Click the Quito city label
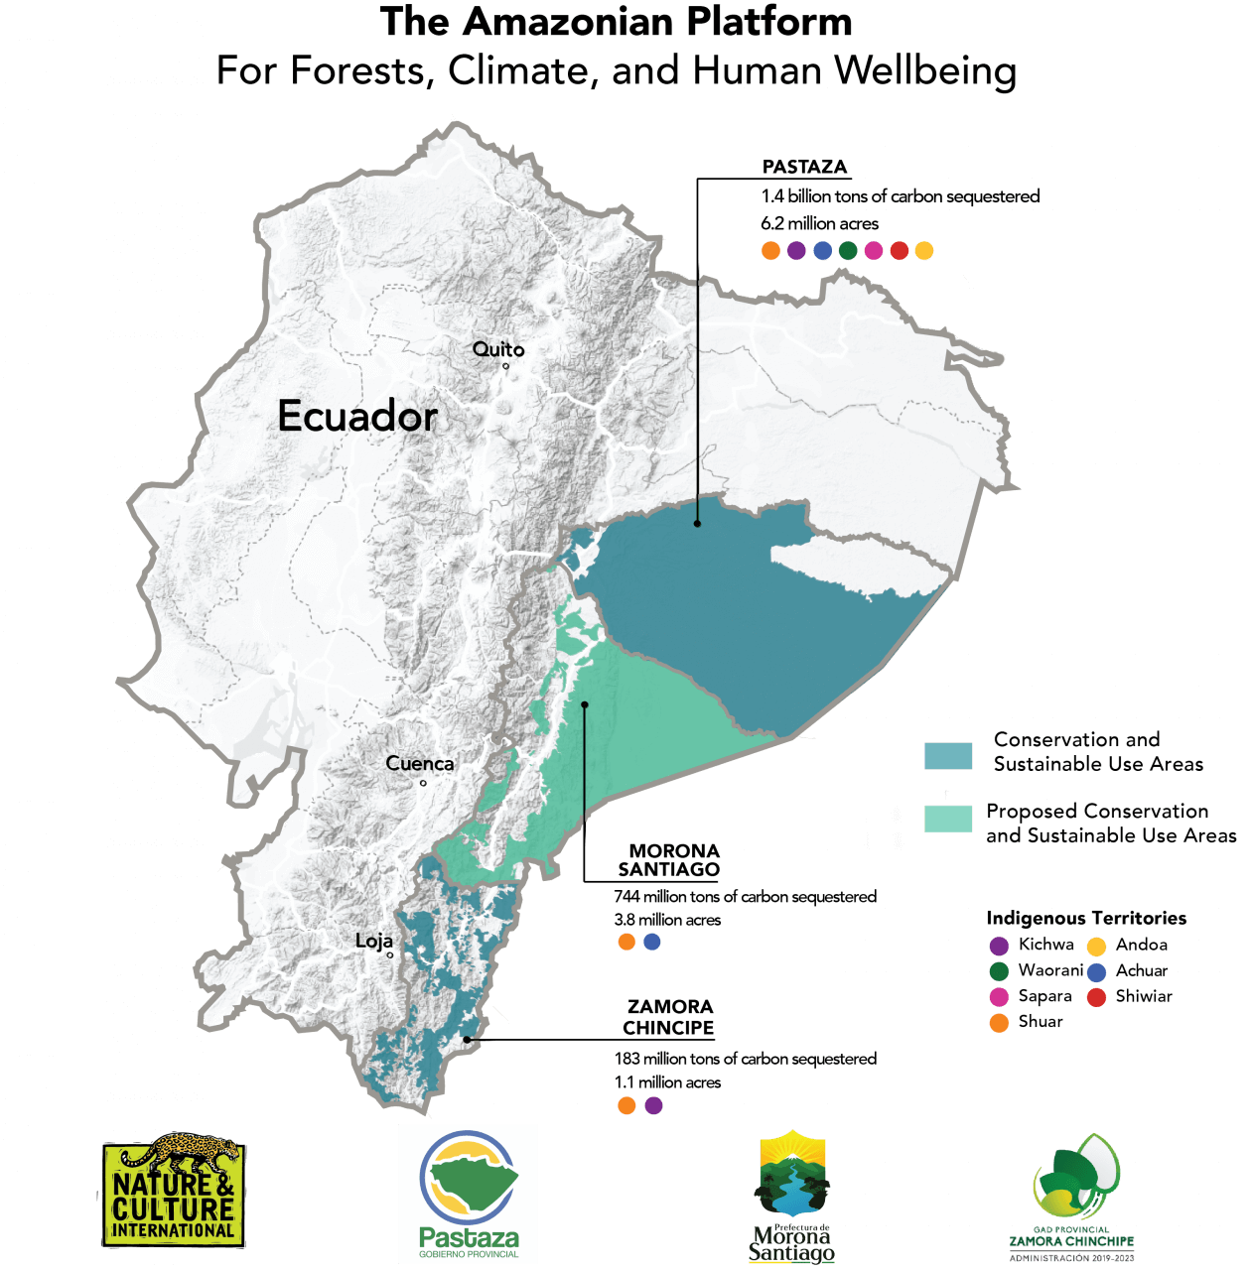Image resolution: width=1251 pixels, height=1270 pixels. click(x=497, y=349)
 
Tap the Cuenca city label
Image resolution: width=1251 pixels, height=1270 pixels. click(x=419, y=764)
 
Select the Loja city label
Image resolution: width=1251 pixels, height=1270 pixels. click(x=374, y=941)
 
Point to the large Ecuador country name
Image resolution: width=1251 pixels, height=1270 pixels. click(x=357, y=416)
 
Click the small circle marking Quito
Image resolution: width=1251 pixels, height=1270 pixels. click(x=505, y=366)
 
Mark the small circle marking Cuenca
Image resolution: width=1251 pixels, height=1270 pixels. click(x=423, y=783)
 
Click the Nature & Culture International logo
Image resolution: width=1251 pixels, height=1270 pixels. click(x=174, y=1191)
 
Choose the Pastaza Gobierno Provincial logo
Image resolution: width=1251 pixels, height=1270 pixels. click(x=468, y=1194)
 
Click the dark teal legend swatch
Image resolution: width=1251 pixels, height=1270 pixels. click(x=948, y=755)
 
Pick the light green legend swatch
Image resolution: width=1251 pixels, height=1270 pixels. click(x=948, y=819)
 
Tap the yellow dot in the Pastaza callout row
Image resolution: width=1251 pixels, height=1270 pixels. click(x=924, y=251)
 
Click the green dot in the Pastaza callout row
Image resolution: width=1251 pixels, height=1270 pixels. click(x=847, y=251)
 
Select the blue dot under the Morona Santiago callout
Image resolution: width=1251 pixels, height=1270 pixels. click(x=652, y=942)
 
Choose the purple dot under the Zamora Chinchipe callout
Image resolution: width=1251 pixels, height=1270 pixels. click(x=653, y=1105)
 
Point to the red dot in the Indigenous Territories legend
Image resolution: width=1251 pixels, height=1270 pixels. click(x=1096, y=997)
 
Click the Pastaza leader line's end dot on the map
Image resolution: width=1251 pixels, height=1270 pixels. click(x=697, y=523)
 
